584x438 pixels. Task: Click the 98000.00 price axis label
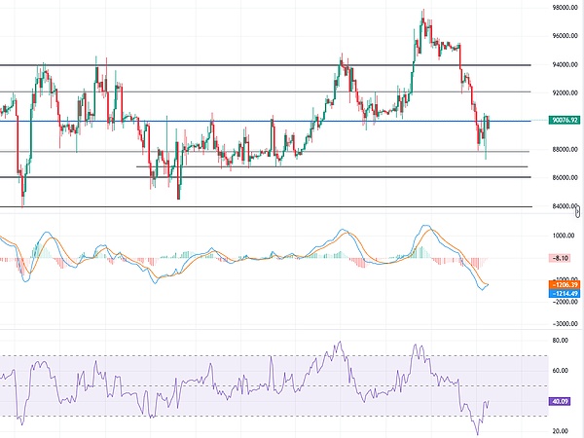tap(562, 7)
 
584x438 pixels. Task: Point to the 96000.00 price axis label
tap(562, 36)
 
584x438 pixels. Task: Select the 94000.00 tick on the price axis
tap(562, 64)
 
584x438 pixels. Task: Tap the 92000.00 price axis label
tap(562, 92)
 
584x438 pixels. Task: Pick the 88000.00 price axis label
tap(562, 150)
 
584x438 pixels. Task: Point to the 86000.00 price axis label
tap(562, 178)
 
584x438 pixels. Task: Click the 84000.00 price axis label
tap(562, 206)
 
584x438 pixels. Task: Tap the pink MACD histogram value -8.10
tap(560, 258)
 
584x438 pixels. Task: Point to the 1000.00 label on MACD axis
tap(562, 236)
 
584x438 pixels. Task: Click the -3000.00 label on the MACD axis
tap(562, 323)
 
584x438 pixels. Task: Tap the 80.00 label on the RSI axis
tap(560, 341)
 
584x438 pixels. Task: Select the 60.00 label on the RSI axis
tap(560, 371)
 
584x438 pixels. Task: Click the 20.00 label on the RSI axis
tap(560, 430)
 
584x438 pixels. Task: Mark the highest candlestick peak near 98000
tap(422, 11)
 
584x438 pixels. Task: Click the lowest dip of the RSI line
tap(478, 433)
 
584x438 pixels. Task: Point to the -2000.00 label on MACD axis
tap(562, 303)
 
